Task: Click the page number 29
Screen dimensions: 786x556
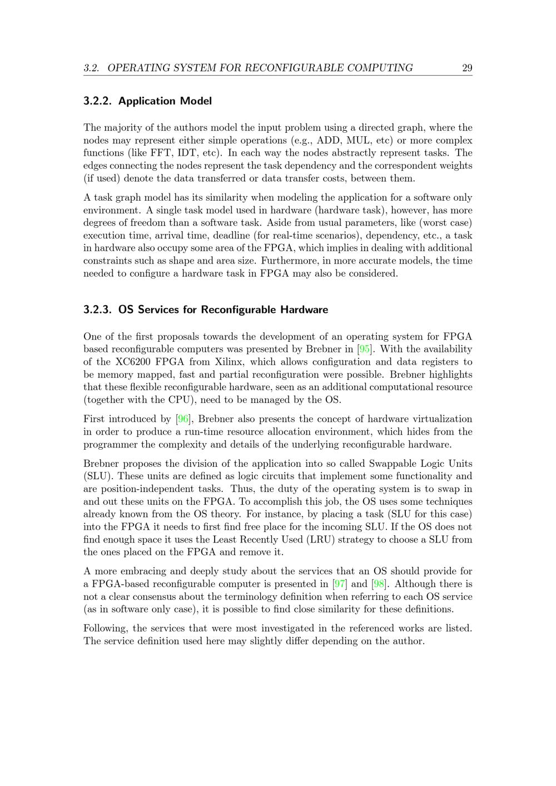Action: [467, 68]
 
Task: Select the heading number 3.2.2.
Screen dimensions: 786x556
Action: [98, 101]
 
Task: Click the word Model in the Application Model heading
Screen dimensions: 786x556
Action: [196, 101]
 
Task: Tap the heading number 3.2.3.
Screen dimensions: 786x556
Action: [98, 310]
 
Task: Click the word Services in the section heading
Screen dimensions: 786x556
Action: [158, 310]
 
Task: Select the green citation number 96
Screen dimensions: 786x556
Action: [182, 419]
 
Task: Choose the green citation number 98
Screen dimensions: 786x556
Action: [379, 584]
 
